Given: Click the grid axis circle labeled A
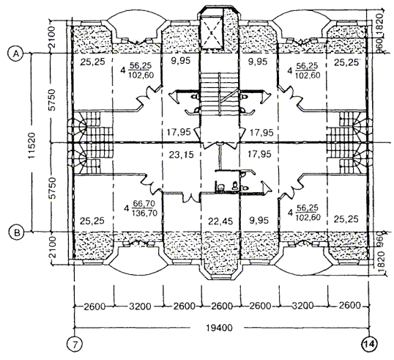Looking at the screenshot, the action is point(16,54).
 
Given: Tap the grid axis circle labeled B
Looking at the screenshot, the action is point(16,232).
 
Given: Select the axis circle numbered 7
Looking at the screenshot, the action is point(75,344).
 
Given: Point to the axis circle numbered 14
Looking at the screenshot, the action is point(369,344).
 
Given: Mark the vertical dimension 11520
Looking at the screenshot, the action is point(32,146).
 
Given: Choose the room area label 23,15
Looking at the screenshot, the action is point(181,155).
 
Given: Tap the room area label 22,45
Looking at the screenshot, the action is point(220,221).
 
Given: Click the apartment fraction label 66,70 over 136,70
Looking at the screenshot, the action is point(144,208).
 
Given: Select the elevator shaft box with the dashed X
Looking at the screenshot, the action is point(212,32).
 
